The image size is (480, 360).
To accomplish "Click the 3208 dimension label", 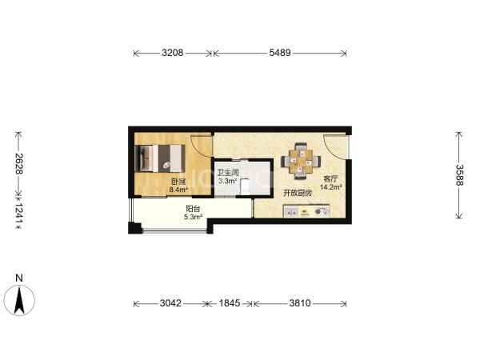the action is coord(173,53).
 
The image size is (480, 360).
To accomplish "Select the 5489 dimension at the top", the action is coord(280,53).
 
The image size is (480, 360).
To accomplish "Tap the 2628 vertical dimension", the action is coord(19,163).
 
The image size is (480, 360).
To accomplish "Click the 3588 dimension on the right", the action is coord(459,174).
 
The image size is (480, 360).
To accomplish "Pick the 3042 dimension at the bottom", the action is coord(171,303).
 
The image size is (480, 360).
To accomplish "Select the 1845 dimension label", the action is coord(230,303).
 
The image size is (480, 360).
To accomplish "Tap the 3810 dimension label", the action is coord(300,303).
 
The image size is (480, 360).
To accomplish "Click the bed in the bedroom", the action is coord(160,158).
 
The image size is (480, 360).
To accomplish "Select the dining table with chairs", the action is coord(301,161).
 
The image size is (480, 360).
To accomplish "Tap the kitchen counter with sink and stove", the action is coord(306,211).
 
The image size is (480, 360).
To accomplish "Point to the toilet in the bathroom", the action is coord(246,187).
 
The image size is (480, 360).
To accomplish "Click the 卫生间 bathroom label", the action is coord(228,173).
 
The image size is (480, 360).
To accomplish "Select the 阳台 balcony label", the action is coord(193,209).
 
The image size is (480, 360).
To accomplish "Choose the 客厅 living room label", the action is coord(331,178).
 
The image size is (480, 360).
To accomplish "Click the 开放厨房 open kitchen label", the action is coord(298,193).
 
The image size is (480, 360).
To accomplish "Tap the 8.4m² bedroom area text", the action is coord(178,190).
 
